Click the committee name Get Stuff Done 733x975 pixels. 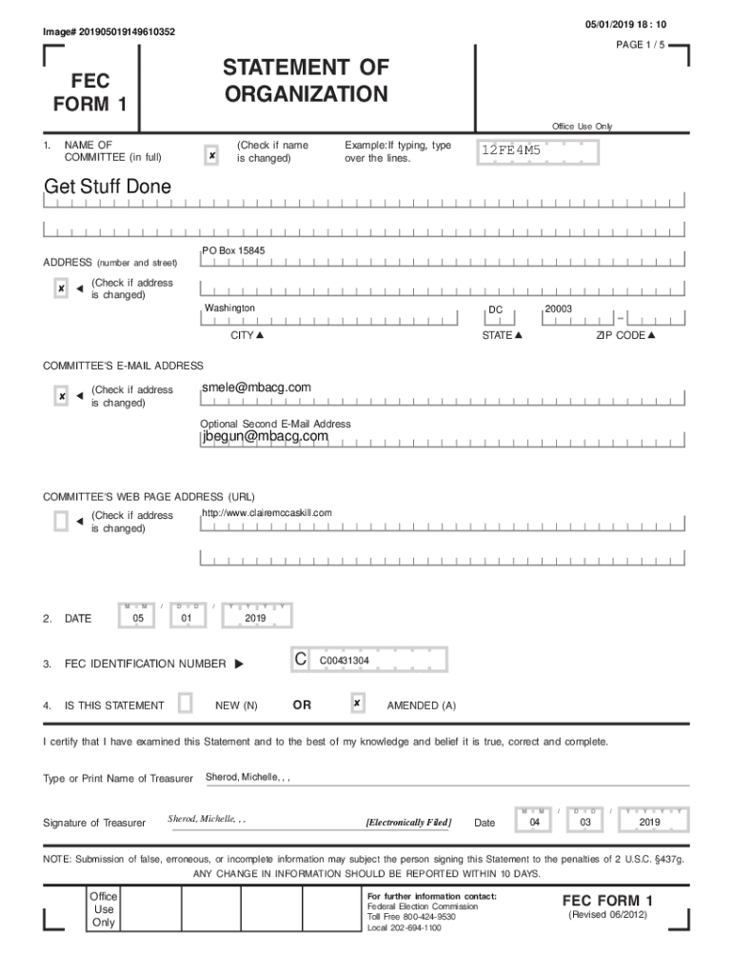pyautogui.click(x=108, y=187)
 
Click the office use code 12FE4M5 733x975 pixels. pyautogui.click(x=511, y=150)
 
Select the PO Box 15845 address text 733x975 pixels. pyautogui.click(x=233, y=250)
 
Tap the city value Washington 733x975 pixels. pyautogui.click(x=229, y=308)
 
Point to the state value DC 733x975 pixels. pyautogui.click(x=495, y=310)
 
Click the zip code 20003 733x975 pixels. pyautogui.click(x=558, y=308)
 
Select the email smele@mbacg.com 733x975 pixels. pyautogui.click(x=256, y=388)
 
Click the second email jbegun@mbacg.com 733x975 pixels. pyautogui.click(x=265, y=436)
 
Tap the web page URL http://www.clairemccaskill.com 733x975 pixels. pyautogui.click(x=267, y=513)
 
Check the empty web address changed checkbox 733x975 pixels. pyautogui.click(x=61, y=521)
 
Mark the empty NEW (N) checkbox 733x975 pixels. pyautogui.click(x=186, y=704)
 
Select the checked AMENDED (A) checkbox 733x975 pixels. pyautogui.click(x=357, y=704)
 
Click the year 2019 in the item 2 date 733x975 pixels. pyautogui.click(x=254, y=618)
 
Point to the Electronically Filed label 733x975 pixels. pyautogui.click(x=408, y=823)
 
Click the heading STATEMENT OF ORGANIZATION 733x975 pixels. pyautogui.click(x=306, y=81)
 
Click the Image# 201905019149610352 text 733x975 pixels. pyautogui.click(x=109, y=32)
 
